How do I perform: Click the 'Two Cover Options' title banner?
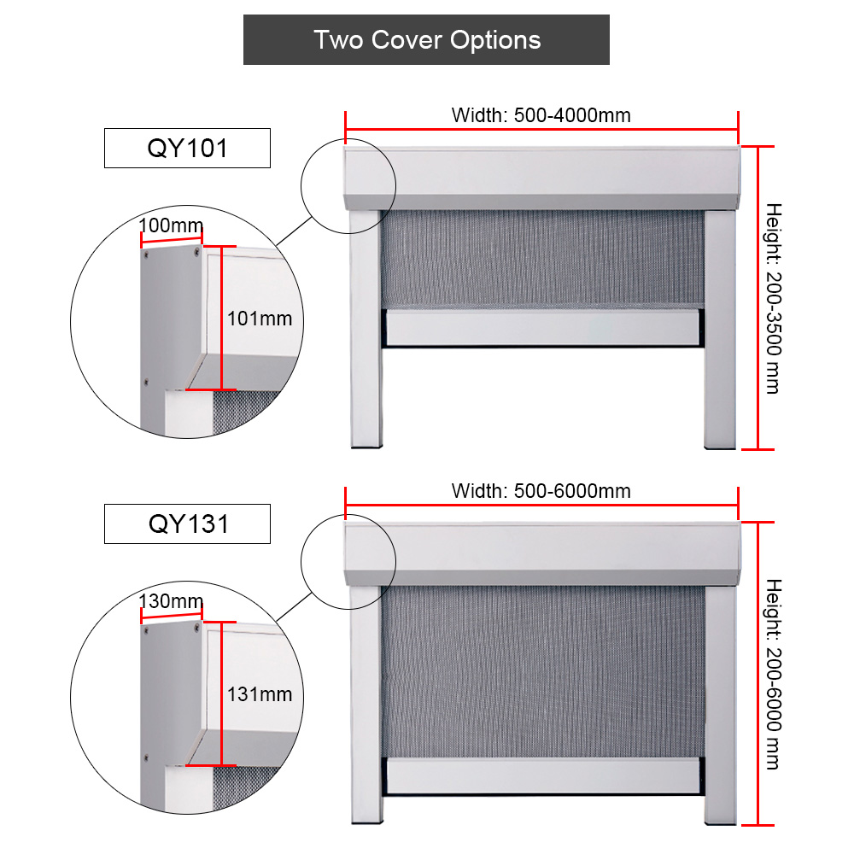(426, 40)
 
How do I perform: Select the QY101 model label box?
(187, 148)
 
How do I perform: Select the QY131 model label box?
(187, 524)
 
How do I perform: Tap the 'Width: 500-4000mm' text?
(541, 115)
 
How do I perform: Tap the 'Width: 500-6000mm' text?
(541, 491)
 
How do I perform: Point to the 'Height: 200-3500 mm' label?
(774, 298)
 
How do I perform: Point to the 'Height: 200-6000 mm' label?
(774, 675)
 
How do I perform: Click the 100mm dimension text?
(171, 225)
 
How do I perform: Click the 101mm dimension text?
(260, 319)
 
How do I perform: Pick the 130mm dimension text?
(171, 600)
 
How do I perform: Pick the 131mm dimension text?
(260, 694)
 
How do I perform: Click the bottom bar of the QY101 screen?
(542, 328)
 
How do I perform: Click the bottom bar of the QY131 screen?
(542, 775)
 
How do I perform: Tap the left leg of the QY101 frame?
(366, 329)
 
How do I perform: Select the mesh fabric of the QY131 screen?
(543, 671)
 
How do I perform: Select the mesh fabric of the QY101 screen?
(543, 260)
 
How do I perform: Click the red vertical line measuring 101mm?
(222, 318)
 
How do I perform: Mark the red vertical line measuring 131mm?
(222, 693)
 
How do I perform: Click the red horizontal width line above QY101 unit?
(542, 130)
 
